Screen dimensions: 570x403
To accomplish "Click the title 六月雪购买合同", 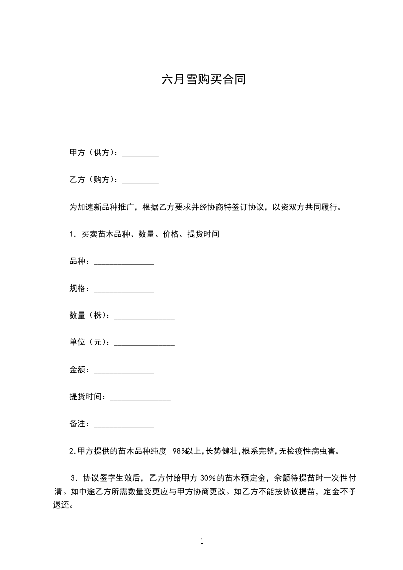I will [x=203, y=79].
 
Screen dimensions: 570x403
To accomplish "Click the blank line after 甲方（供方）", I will [x=140, y=154].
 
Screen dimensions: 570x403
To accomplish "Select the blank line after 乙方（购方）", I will [x=140, y=181].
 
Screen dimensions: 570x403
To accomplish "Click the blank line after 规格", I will [x=124, y=290].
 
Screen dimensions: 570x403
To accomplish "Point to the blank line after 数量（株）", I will [x=144, y=316].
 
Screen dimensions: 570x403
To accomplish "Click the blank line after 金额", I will [x=124, y=371].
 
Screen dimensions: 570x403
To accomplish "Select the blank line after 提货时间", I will [x=140, y=398].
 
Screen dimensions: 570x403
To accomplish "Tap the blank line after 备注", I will [x=124, y=425].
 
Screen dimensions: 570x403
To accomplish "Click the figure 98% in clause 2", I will [x=180, y=451].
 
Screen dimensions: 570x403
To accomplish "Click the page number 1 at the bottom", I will [x=202, y=542].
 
